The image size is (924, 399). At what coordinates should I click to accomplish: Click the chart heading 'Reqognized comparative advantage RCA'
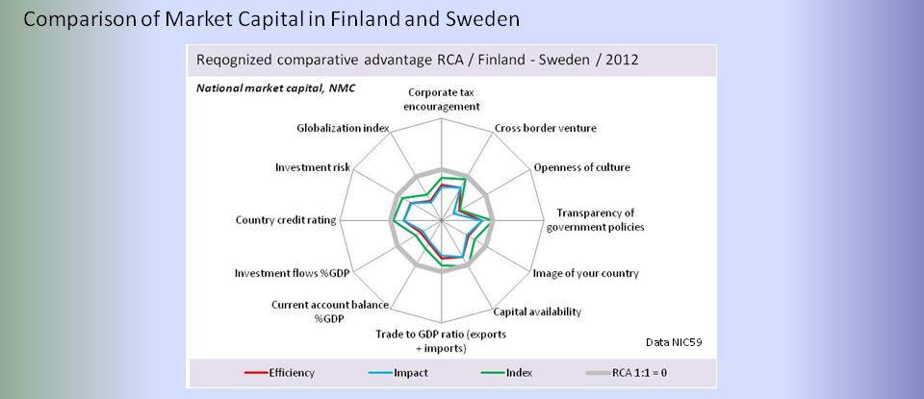tap(417, 60)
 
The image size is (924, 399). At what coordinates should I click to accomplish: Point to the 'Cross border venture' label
tap(545, 128)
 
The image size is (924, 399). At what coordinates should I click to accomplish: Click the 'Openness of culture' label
tap(581, 167)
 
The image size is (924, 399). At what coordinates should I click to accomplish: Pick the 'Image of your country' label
tap(586, 273)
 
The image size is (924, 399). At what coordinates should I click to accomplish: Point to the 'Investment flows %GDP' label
tap(292, 273)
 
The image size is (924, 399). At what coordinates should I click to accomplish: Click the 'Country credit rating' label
tap(286, 220)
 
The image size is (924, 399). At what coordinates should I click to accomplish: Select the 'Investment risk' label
tap(312, 167)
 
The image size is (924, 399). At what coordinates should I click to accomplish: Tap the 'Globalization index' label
tap(343, 128)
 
